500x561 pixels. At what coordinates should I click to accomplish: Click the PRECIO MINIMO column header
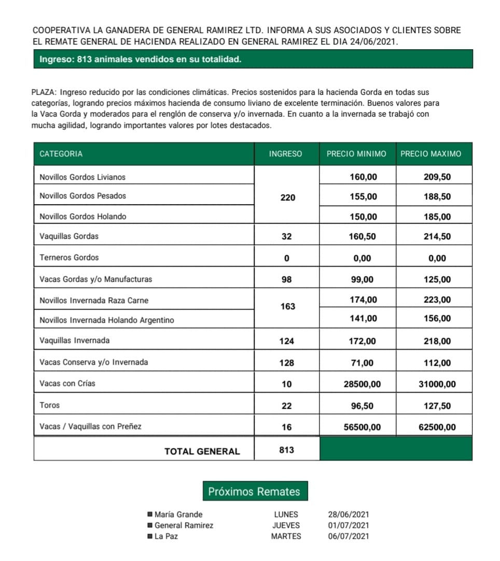[x=356, y=154]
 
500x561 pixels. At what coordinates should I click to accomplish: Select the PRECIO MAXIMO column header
[x=430, y=154]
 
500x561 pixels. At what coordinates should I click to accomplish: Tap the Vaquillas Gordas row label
[x=69, y=236]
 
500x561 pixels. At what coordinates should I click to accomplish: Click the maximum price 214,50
[x=437, y=236]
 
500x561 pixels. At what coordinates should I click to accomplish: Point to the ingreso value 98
[x=286, y=280]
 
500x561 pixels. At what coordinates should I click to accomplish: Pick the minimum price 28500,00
[x=362, y=384]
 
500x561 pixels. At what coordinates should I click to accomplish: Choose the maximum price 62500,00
[x=437, y=427]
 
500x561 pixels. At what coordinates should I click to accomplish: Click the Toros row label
[x=50, y=406]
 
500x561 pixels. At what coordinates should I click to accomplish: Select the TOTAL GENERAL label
[x=202, y=451]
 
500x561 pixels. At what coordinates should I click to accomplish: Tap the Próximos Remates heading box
[x=254, y=492]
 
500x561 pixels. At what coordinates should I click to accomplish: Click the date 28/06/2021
[x=349, y=515]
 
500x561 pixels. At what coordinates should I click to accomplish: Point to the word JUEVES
[x=286, y=525]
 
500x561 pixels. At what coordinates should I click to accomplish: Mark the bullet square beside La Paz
[x=150, y=536]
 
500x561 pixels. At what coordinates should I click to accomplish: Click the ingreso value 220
[x=287, y=197]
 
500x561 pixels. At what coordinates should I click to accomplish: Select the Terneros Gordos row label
[x=69, y=257]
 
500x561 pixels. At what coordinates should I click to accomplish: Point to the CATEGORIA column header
[x=61, y=154]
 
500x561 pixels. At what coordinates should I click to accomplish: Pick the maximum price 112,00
[x=437, y=363]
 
